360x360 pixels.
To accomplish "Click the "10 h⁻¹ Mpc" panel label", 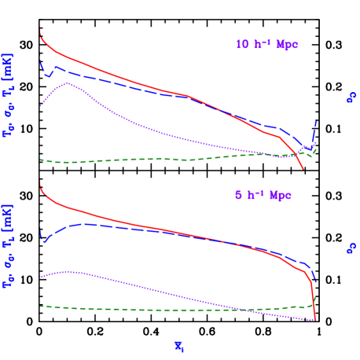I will point(267,45).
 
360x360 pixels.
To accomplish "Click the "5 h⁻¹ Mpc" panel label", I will point(263,195).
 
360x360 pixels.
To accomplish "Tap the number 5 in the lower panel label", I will point(238,195).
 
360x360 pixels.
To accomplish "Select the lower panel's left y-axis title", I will point(9,251).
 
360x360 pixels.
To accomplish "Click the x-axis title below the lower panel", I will point(179,343).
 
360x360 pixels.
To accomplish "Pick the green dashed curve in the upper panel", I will point(118,160).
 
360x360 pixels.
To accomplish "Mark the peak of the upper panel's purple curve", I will point(69,83).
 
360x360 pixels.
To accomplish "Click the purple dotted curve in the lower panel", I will point(157,290).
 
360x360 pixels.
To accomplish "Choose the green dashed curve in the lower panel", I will point(157,309).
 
